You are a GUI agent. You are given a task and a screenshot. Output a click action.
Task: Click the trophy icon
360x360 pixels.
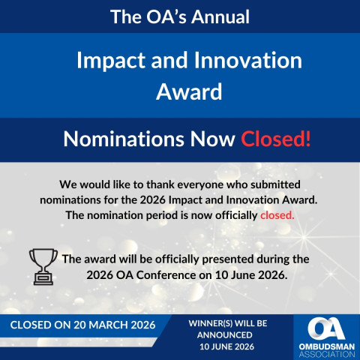43,265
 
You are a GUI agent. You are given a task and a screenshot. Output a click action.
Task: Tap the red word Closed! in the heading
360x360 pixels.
275,139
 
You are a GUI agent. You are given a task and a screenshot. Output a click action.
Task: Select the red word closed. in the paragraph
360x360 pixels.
277,214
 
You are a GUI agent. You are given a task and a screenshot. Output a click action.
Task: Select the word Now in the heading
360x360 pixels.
212,139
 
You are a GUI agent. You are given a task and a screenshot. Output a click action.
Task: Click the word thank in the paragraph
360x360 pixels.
169,184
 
